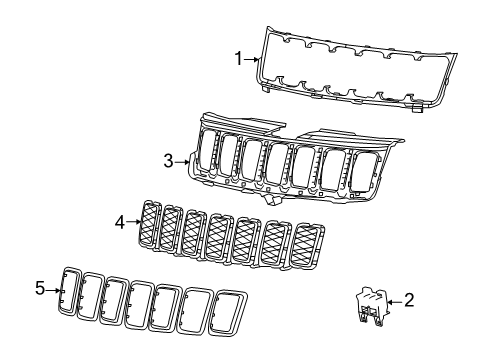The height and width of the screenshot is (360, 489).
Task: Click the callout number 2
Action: tap(408, 299)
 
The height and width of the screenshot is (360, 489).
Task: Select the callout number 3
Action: tap(168, 158)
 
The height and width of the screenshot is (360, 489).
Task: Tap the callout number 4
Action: tap(119, 223)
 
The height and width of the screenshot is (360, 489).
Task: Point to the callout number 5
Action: tap(40, 289)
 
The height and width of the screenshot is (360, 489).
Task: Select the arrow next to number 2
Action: tap(394, 299)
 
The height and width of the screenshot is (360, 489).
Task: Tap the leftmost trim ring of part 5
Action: tap(71, 289)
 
